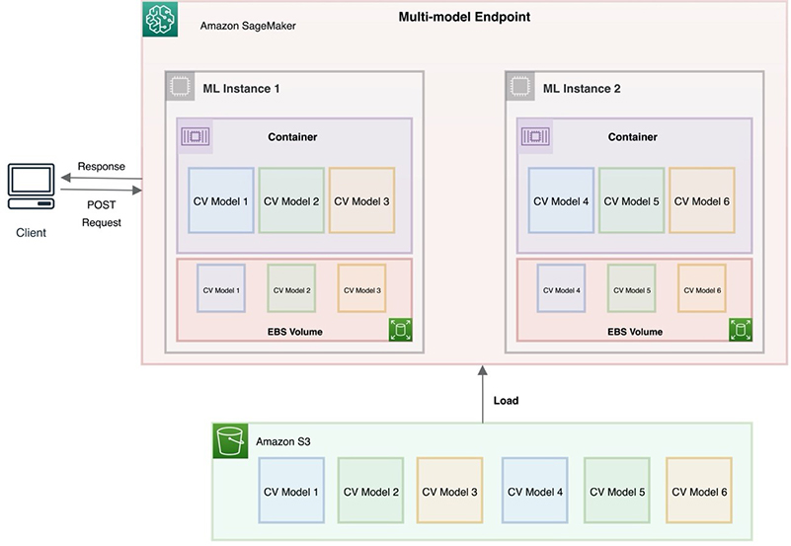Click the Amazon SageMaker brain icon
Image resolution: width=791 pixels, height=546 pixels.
(x=160, y=19)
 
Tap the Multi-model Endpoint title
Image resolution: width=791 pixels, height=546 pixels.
(x=464, y=17)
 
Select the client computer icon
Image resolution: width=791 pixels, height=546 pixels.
(x=32, y=186)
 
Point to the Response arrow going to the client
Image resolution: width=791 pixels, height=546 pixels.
(x=102, y=178)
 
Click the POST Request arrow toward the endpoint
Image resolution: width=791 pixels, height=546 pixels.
(x=102, y=190)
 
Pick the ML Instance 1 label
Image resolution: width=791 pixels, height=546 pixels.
(x=241, y=89)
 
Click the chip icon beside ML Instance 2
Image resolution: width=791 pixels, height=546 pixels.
(x=520, y=86)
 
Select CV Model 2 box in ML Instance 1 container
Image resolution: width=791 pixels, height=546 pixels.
(x=291, y=200)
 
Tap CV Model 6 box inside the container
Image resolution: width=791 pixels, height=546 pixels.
(x=702, y=200)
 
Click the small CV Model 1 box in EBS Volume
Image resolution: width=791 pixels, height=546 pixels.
(x=221, y=288)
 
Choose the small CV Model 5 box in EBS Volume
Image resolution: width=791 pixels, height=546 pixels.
(x=632, y=288)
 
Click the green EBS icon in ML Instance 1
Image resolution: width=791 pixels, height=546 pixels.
(x=401, y=330)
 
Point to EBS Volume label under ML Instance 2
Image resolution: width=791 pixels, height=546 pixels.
(x=635, y=332)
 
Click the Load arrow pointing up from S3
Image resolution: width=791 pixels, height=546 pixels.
(x=482, y=394)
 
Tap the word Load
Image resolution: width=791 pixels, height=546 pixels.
(x=506, y=400)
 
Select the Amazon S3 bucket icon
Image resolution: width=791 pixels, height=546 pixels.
(x=230, y=441)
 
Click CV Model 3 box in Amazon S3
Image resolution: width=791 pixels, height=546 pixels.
(x=449, y=491)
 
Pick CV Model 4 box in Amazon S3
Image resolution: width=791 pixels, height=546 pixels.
(x=534, y=491)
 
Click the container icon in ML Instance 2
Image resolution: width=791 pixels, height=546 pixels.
(x=535, y=136)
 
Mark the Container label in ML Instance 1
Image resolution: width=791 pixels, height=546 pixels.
(x=292, y=137)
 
